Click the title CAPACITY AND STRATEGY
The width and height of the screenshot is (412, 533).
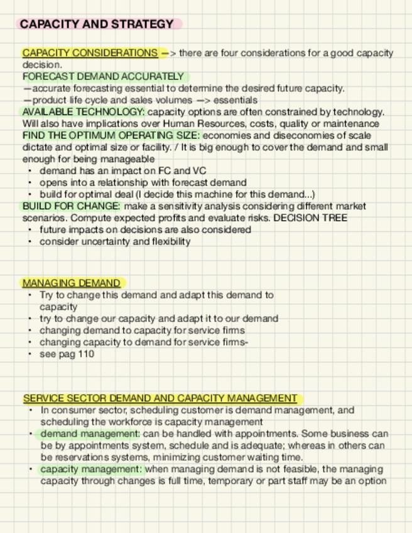[x=97, y=25]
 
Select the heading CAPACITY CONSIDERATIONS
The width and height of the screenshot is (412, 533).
[x=90, y=53]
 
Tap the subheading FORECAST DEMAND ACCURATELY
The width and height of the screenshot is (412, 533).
[x=103, y=77]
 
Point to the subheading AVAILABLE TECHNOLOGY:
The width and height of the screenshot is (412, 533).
[x=84, y=112]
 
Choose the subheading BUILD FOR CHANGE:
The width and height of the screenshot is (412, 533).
[x=71, y=206]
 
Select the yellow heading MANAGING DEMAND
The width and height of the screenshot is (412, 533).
[x=71, y=283]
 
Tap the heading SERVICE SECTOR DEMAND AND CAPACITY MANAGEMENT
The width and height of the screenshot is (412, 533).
[x=160, y=398]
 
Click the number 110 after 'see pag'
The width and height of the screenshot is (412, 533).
[x=86, y=354]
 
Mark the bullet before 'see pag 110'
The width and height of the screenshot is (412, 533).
[x=30, y=354]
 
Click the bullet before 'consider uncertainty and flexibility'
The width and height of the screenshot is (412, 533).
[x=30, y=242]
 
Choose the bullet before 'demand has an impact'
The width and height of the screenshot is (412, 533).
[x=30, y=171]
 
